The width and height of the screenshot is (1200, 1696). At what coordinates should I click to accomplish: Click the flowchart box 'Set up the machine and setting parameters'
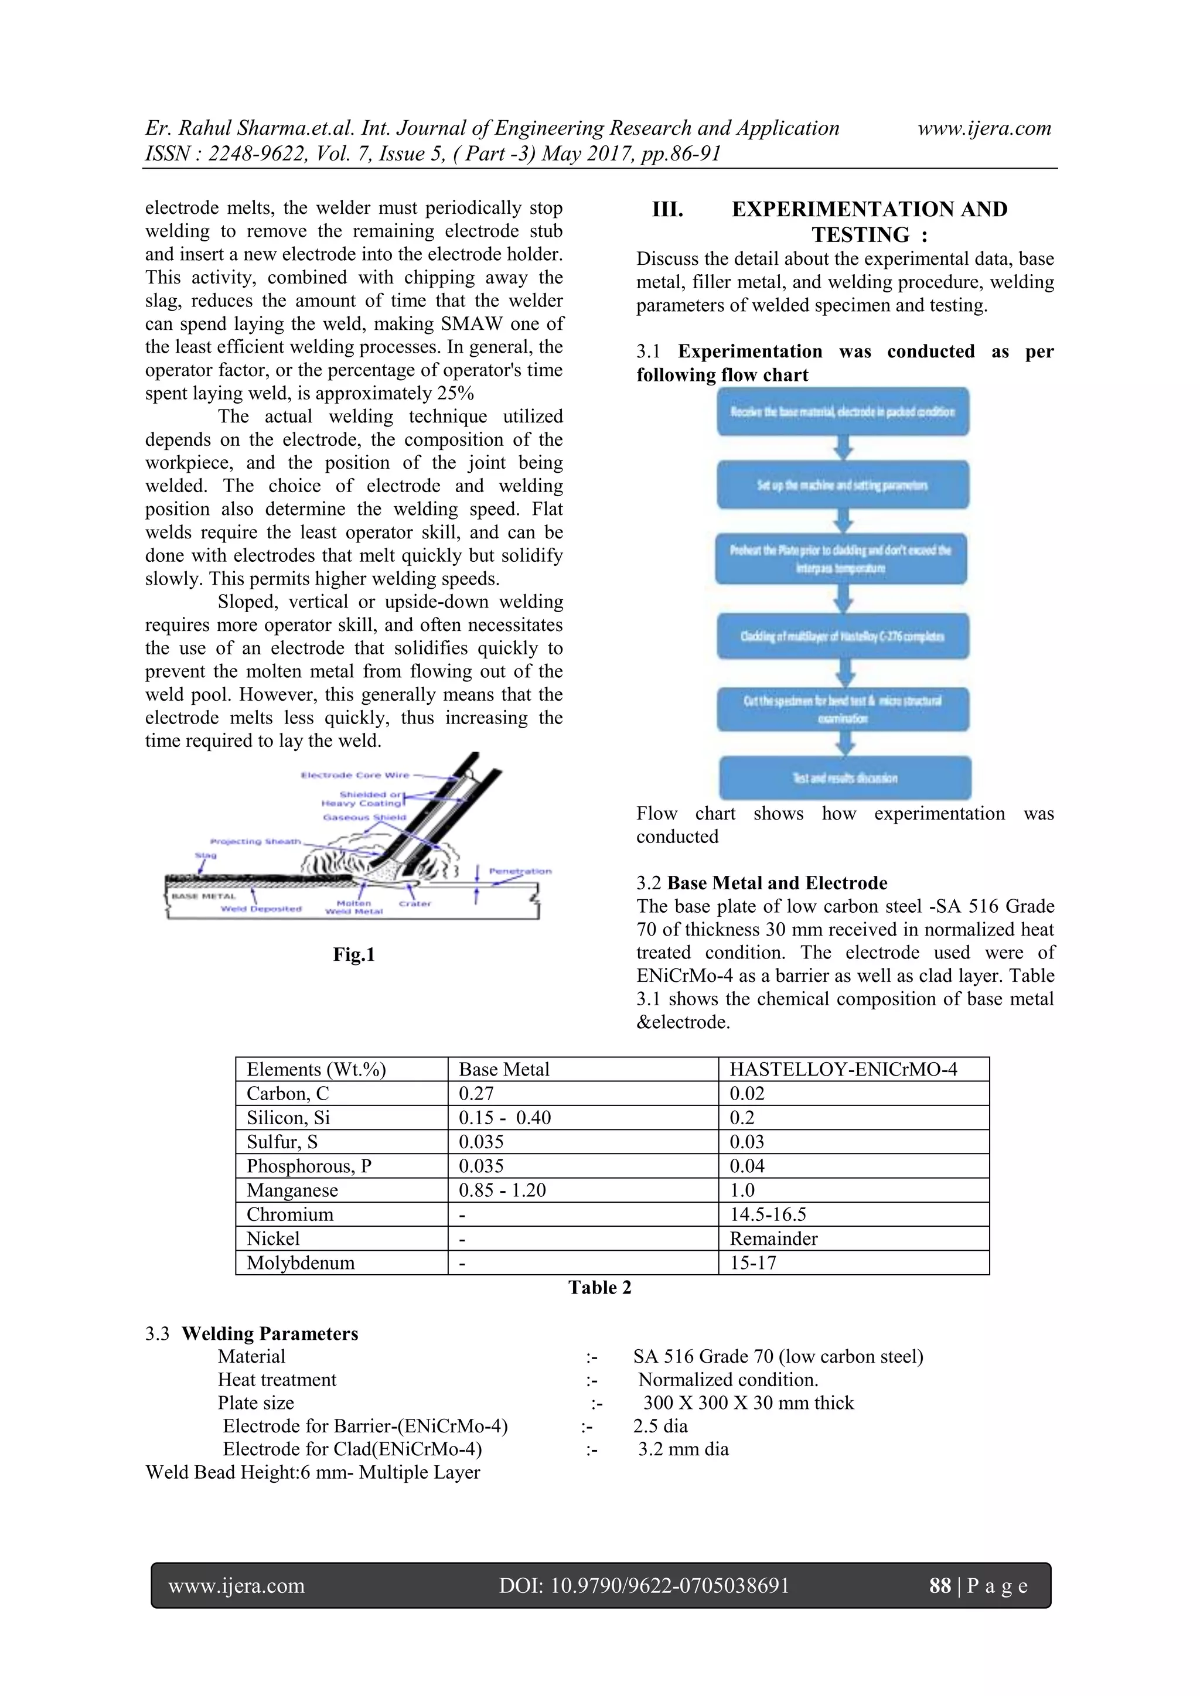(843, 485)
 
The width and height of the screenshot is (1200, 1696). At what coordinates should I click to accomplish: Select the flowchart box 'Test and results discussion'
(844, 778)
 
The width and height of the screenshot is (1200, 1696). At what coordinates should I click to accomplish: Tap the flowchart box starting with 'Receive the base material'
(843, 411)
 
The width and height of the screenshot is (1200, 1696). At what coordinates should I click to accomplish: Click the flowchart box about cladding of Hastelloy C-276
(843, 636)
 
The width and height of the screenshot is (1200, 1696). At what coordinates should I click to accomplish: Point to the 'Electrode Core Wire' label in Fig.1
(354, 775)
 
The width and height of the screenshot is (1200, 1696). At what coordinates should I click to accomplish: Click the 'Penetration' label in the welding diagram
(520, 871)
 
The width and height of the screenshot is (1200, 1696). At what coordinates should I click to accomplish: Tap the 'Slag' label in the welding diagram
(206, 855)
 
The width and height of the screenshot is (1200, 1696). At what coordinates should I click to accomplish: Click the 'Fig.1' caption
(354, 954)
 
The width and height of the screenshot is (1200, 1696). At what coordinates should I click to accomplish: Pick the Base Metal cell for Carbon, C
(476, 1093)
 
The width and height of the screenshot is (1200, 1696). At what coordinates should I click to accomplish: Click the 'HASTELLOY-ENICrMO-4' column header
(843, 1069)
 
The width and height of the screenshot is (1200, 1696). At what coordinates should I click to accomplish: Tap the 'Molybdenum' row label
(301, 1262)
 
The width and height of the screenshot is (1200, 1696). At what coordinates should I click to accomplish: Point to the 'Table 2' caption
(599, 1288)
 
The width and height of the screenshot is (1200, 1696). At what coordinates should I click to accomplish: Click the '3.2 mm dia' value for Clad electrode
(683, 1449)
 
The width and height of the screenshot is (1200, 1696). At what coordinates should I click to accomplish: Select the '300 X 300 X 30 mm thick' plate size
(748, 1402)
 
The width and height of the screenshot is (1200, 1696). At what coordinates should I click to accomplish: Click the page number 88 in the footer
(940, 1585)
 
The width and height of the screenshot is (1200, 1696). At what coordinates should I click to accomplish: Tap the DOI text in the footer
(643, 1585)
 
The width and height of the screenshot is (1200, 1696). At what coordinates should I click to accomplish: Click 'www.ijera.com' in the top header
(984, 128)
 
